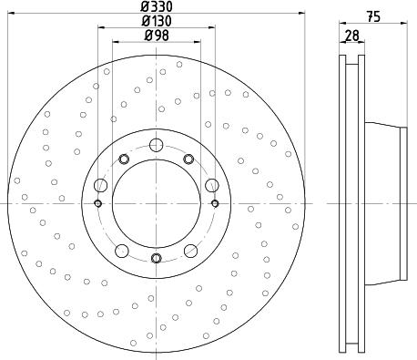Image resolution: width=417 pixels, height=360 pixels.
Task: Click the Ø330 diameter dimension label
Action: pyautogui.click(x=157, y=6)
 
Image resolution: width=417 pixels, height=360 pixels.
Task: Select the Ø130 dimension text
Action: pyautogui.click(x=157, y=21)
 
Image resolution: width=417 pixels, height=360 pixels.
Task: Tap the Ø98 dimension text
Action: pyautogui.click(x=157, y=36)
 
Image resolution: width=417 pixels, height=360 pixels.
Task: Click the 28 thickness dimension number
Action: pyautogui.click(x=351, y=36)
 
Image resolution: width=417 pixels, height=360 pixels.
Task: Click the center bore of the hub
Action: pyautogui.click(x=156, y=202)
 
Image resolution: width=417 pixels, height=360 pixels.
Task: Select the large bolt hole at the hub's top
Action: pyautogui.click(x=156, y=145)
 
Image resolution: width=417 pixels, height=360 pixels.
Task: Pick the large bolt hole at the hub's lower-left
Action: pyautogui.click(x=122, y=251)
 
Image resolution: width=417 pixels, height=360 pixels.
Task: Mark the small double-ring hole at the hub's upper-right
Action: pyautogui.click(x=189, y=159)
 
